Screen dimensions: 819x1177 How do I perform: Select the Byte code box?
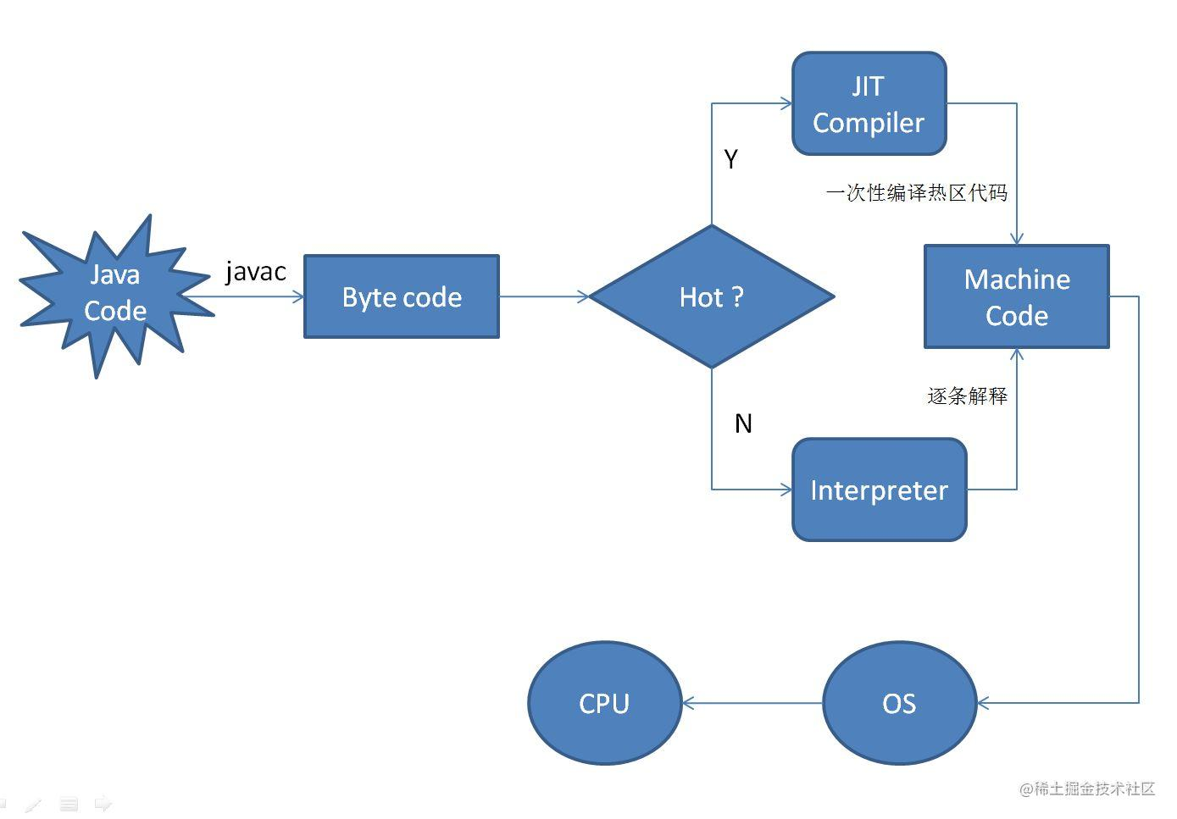[x=402, y=296]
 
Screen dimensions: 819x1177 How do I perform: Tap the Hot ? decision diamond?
[x=712, y=296]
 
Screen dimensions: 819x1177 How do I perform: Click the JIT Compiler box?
[x=869, y=103]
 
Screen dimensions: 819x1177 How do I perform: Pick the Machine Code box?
[x=1016, y=296]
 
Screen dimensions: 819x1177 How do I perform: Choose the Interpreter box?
[x=879, y=490]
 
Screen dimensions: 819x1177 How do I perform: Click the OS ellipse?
[x=899, y=703]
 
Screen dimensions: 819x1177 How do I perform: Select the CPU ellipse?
[x=604, y=703]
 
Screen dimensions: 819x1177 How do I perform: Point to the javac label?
[x=255, y=272]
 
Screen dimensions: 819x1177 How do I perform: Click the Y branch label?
[x=731, y=159]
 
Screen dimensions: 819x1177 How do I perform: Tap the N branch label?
[x=743, y=423]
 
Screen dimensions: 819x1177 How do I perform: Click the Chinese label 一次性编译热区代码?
[x=917, y=193]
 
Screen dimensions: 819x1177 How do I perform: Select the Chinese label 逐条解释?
[x=967, y=396]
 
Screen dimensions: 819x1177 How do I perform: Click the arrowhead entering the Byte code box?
[x=298, y=296]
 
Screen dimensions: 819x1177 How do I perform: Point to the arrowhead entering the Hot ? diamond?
[x=583, y=296]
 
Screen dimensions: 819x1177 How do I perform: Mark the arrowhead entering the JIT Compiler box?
[x=786, y=103]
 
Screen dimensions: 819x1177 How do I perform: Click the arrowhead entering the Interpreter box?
[x=786, y=490]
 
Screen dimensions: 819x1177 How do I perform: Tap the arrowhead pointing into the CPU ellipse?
[x=688, y=703]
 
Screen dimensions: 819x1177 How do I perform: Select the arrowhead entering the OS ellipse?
[x=983, y=703]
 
